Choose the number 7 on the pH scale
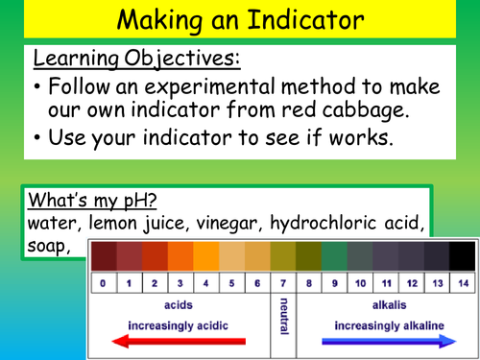click(x=283, y=284)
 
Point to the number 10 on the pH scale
click(x=359, y=284)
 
